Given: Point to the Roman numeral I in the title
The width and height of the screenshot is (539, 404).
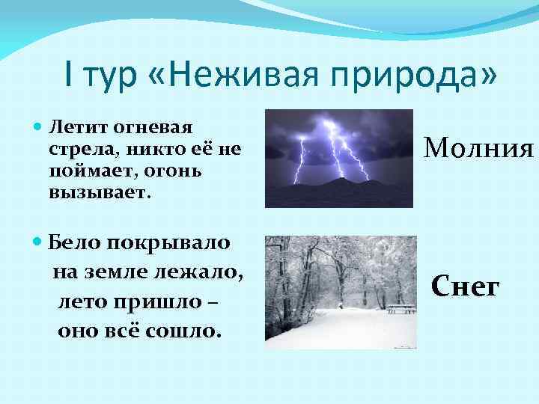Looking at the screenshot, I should pos(69,78).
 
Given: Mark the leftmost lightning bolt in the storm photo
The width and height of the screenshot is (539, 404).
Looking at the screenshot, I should pos(301,160).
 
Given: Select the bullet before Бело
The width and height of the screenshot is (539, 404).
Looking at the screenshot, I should pos(38,243).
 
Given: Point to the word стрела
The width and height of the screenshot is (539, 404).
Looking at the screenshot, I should pos(74,148).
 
